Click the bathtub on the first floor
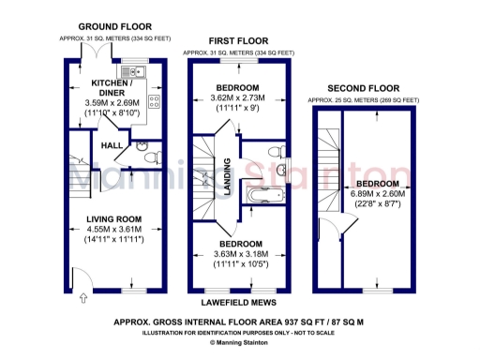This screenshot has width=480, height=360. [259, 195]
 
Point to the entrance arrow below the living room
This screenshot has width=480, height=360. [83, 299]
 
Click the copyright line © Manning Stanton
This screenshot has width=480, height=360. [240, 343]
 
